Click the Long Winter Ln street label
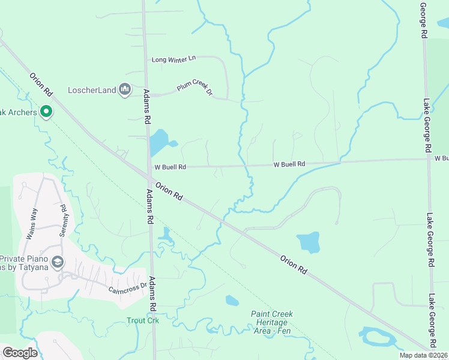click(x=174, y=59)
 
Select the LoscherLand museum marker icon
click(x=125, y=90)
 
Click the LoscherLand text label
click(x=92, y=91)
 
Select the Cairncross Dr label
click(x=127, y=287)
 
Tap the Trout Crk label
click(x=142, y=321)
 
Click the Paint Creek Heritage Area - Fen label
click(x=272, y=323)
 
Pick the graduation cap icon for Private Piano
click(x=57, y=262)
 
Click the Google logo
click(x=20, y=353)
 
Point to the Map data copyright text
click(x=423, y=355)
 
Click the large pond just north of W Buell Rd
click(x=159, y=143)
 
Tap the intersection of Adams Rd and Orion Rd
click(x=148, y=175)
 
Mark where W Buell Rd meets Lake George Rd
click(x=429, y=160)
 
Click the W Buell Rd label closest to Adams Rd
click(x=170, y=167)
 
